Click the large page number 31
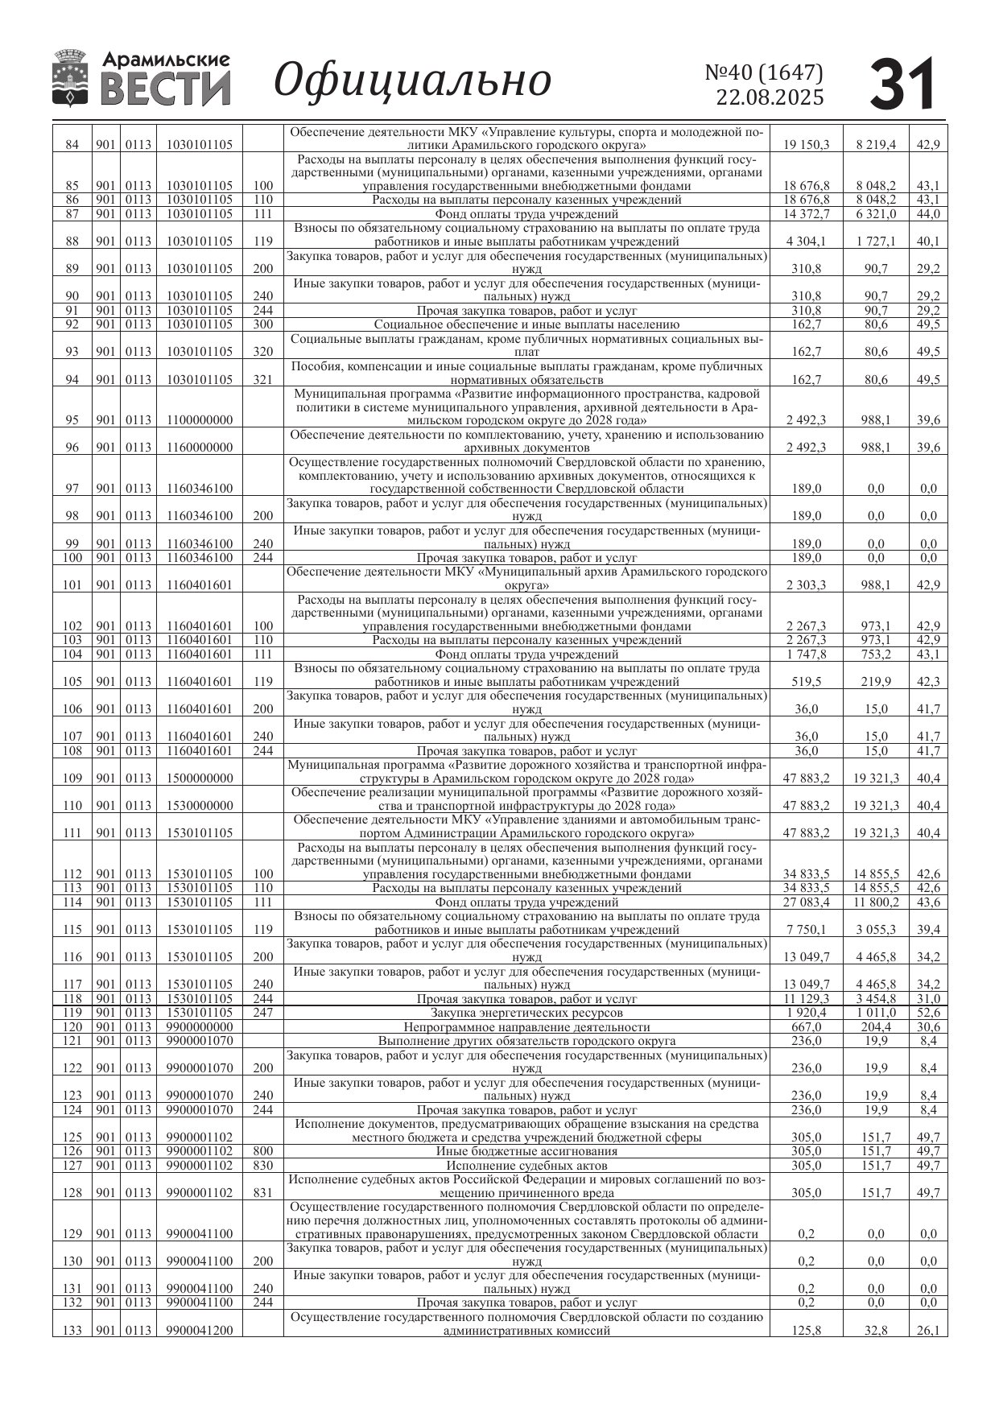click(903, 84)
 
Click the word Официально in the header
click(412, 81)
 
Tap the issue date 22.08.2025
click(770, 97)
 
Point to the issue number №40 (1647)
click(764, 72)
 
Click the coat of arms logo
click(70, 78)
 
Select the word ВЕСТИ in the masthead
click(166, 88)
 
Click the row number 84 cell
click(72, 145)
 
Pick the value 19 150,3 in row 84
click(806, 145)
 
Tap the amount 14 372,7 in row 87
click(806, 214)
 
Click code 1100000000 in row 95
click(200, 420)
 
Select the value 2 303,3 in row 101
click(806, 585)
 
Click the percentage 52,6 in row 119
click(928, 1013)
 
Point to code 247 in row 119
click(263, 1013)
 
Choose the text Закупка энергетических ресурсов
click(526, 1013)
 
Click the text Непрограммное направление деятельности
click(526, 1027)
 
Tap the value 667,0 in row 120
click(806, 1027)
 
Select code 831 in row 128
click(263, 1193)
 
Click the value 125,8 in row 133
click(806, 1331)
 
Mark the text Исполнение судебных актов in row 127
click(526, 1165)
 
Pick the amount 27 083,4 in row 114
click(806, 902)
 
